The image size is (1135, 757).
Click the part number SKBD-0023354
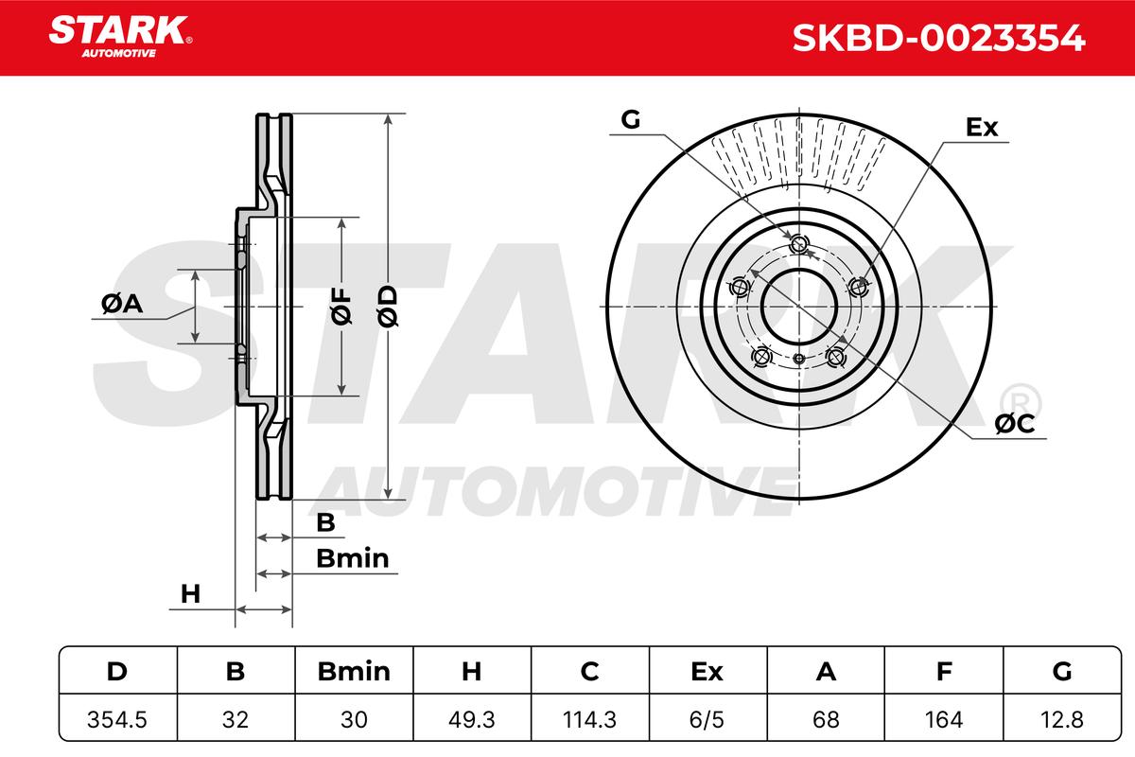pos(939,38)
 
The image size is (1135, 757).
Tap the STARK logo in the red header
pos(120,36)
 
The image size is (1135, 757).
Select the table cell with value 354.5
pos(117,719)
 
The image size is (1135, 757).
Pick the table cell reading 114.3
pos(589,719)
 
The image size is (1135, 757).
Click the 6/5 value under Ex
pos(707,719)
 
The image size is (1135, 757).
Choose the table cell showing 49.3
pos(471,719)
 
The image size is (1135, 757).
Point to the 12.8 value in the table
pos(1061,719)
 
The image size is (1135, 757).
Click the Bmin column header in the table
pos(354,671)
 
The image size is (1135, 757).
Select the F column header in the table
pos(944,671)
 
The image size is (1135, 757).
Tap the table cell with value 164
pos(944,719)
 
